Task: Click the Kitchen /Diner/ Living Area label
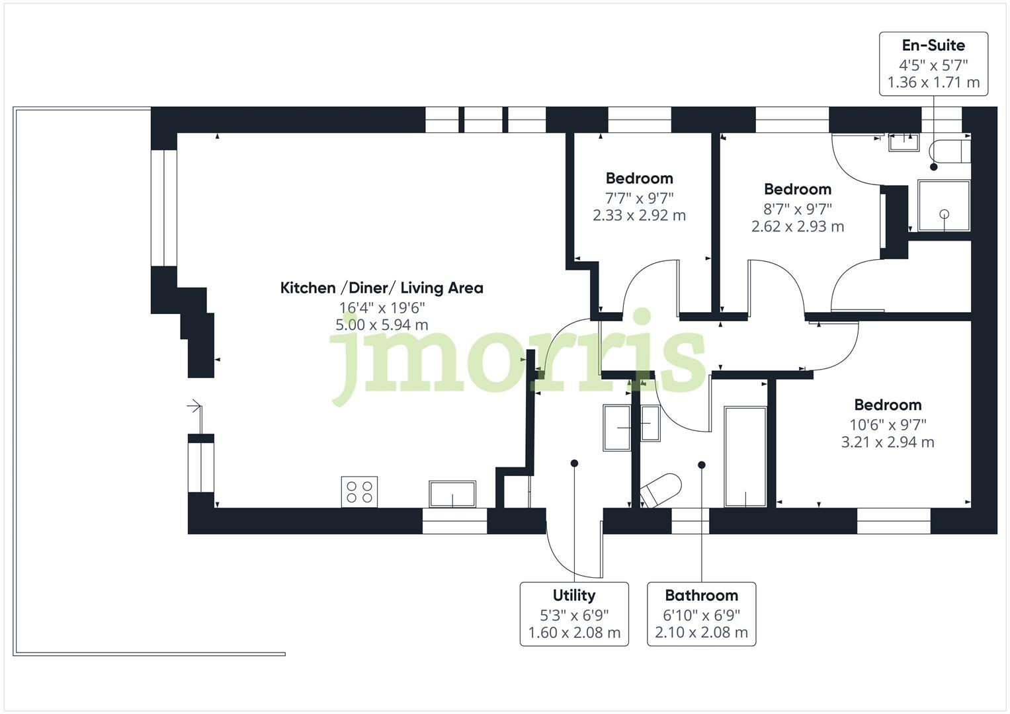382,288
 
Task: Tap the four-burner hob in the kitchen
359,491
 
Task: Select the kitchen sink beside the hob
452,493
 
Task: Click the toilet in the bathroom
661,490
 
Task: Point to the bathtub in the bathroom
745,457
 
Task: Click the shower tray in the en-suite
944,206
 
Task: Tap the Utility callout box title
573,595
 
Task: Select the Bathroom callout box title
701,595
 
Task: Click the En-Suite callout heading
933,46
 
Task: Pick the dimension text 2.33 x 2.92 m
639,216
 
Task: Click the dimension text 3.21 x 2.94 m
887,442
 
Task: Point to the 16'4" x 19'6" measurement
382,307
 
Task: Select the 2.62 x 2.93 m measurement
797,226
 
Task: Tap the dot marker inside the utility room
574,463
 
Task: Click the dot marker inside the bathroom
702,465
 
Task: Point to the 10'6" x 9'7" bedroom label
887,424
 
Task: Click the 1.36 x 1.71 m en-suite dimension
933,83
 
